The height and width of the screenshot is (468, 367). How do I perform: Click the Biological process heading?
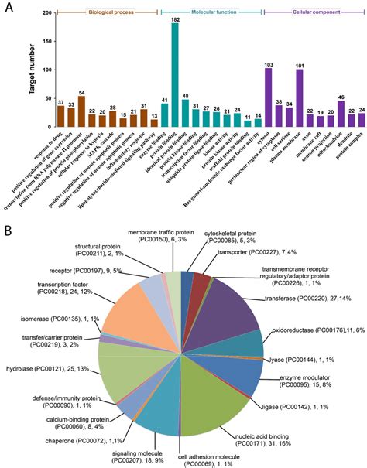(x=108, y=13)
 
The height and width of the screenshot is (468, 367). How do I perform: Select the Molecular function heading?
(x=210, y=13)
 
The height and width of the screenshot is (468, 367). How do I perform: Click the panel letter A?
(x=9, y=9)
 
